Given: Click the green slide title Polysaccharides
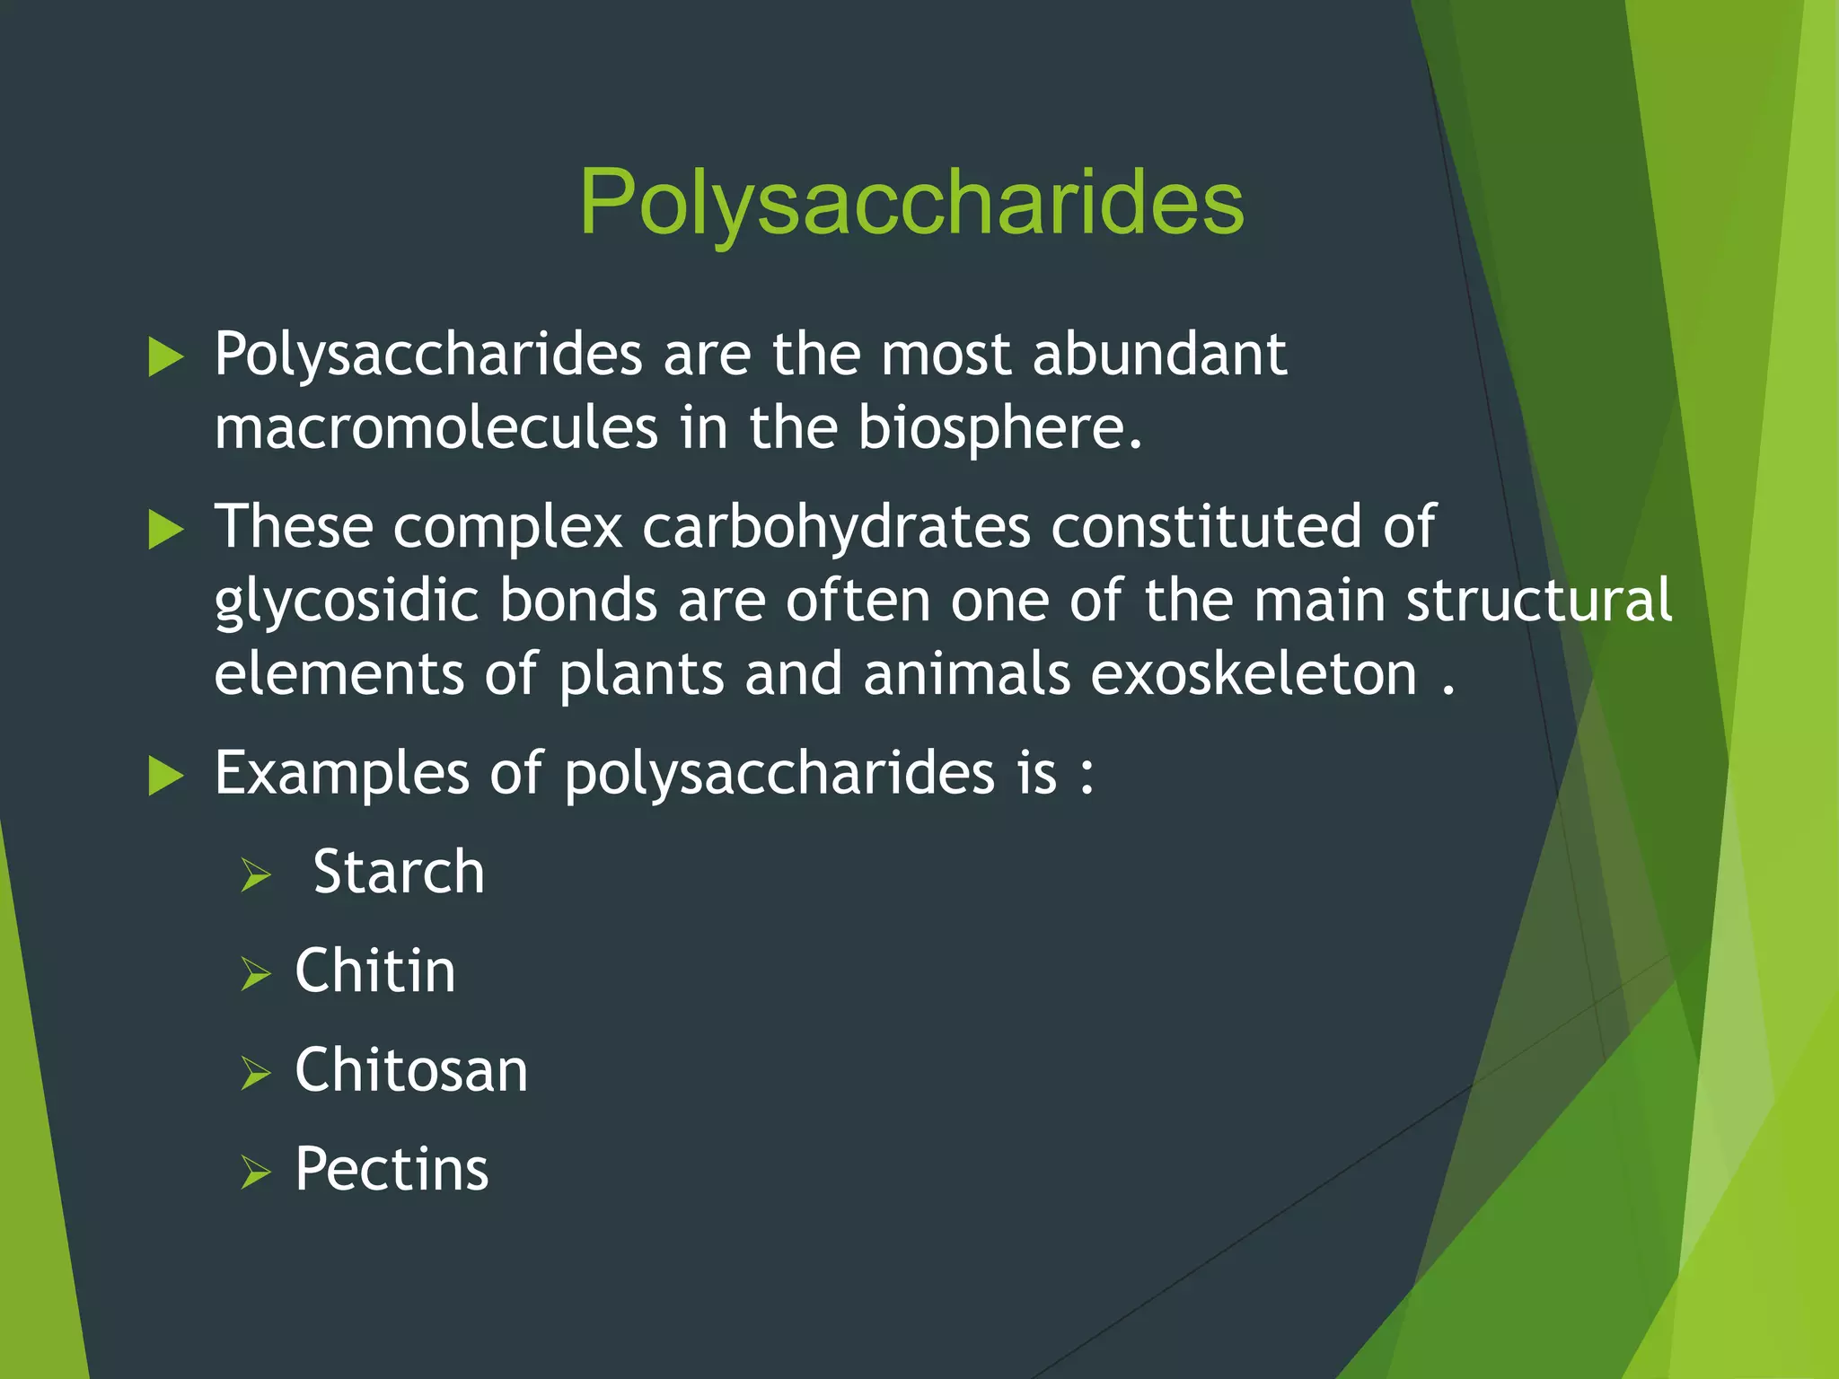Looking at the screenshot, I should coord(911,203).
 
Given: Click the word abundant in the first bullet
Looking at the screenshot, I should coord(1159,354).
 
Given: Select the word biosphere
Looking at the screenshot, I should coord(999,427).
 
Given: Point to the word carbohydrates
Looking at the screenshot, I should coord(836,526).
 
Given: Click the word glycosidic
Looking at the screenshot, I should coord(346,601).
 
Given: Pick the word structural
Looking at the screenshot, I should coord(1538,600).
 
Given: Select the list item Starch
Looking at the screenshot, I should coord(399,872).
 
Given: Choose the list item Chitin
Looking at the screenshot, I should coord(375,971).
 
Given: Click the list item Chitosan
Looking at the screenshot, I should coord(411,1070).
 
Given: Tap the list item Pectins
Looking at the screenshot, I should coord(392,1169).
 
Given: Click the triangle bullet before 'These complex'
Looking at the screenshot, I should coord(165,529).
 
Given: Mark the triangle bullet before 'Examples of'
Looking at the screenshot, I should coord(165,776).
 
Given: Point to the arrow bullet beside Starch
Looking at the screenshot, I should coord(256,875).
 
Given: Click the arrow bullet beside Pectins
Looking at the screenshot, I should coord(256,1173).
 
